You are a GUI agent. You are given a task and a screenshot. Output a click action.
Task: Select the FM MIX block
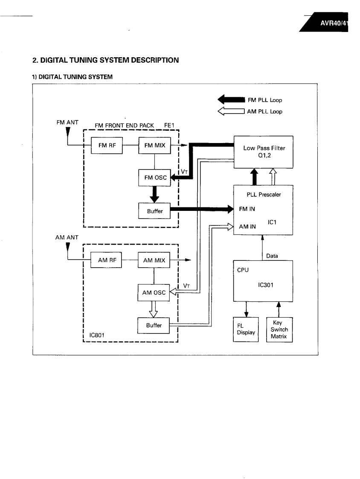pyautogui.click(x=154, y=145)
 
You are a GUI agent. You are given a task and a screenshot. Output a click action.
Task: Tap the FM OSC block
pyautogui.click(x=154, y=178)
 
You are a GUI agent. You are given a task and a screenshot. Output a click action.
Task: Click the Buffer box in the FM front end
pyautogui.click(x=154, y=211)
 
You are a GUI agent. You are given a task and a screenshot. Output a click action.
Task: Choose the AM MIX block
pyautogui.click(x=154, y=260)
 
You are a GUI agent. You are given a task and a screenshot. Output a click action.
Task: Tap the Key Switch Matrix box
pyautogui.click(x=279, y=330)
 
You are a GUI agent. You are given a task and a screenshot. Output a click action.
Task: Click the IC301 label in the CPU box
pyautogui.click(x=266, y=286)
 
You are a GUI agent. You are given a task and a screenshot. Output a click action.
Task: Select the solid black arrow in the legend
pyautogui.click(x=231, y=100)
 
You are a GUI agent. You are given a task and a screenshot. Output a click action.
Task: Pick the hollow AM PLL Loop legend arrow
pyautogui.click(x=231, y=112)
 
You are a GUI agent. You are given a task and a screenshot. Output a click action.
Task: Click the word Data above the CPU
pyautogui.click(x=272, y=256)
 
